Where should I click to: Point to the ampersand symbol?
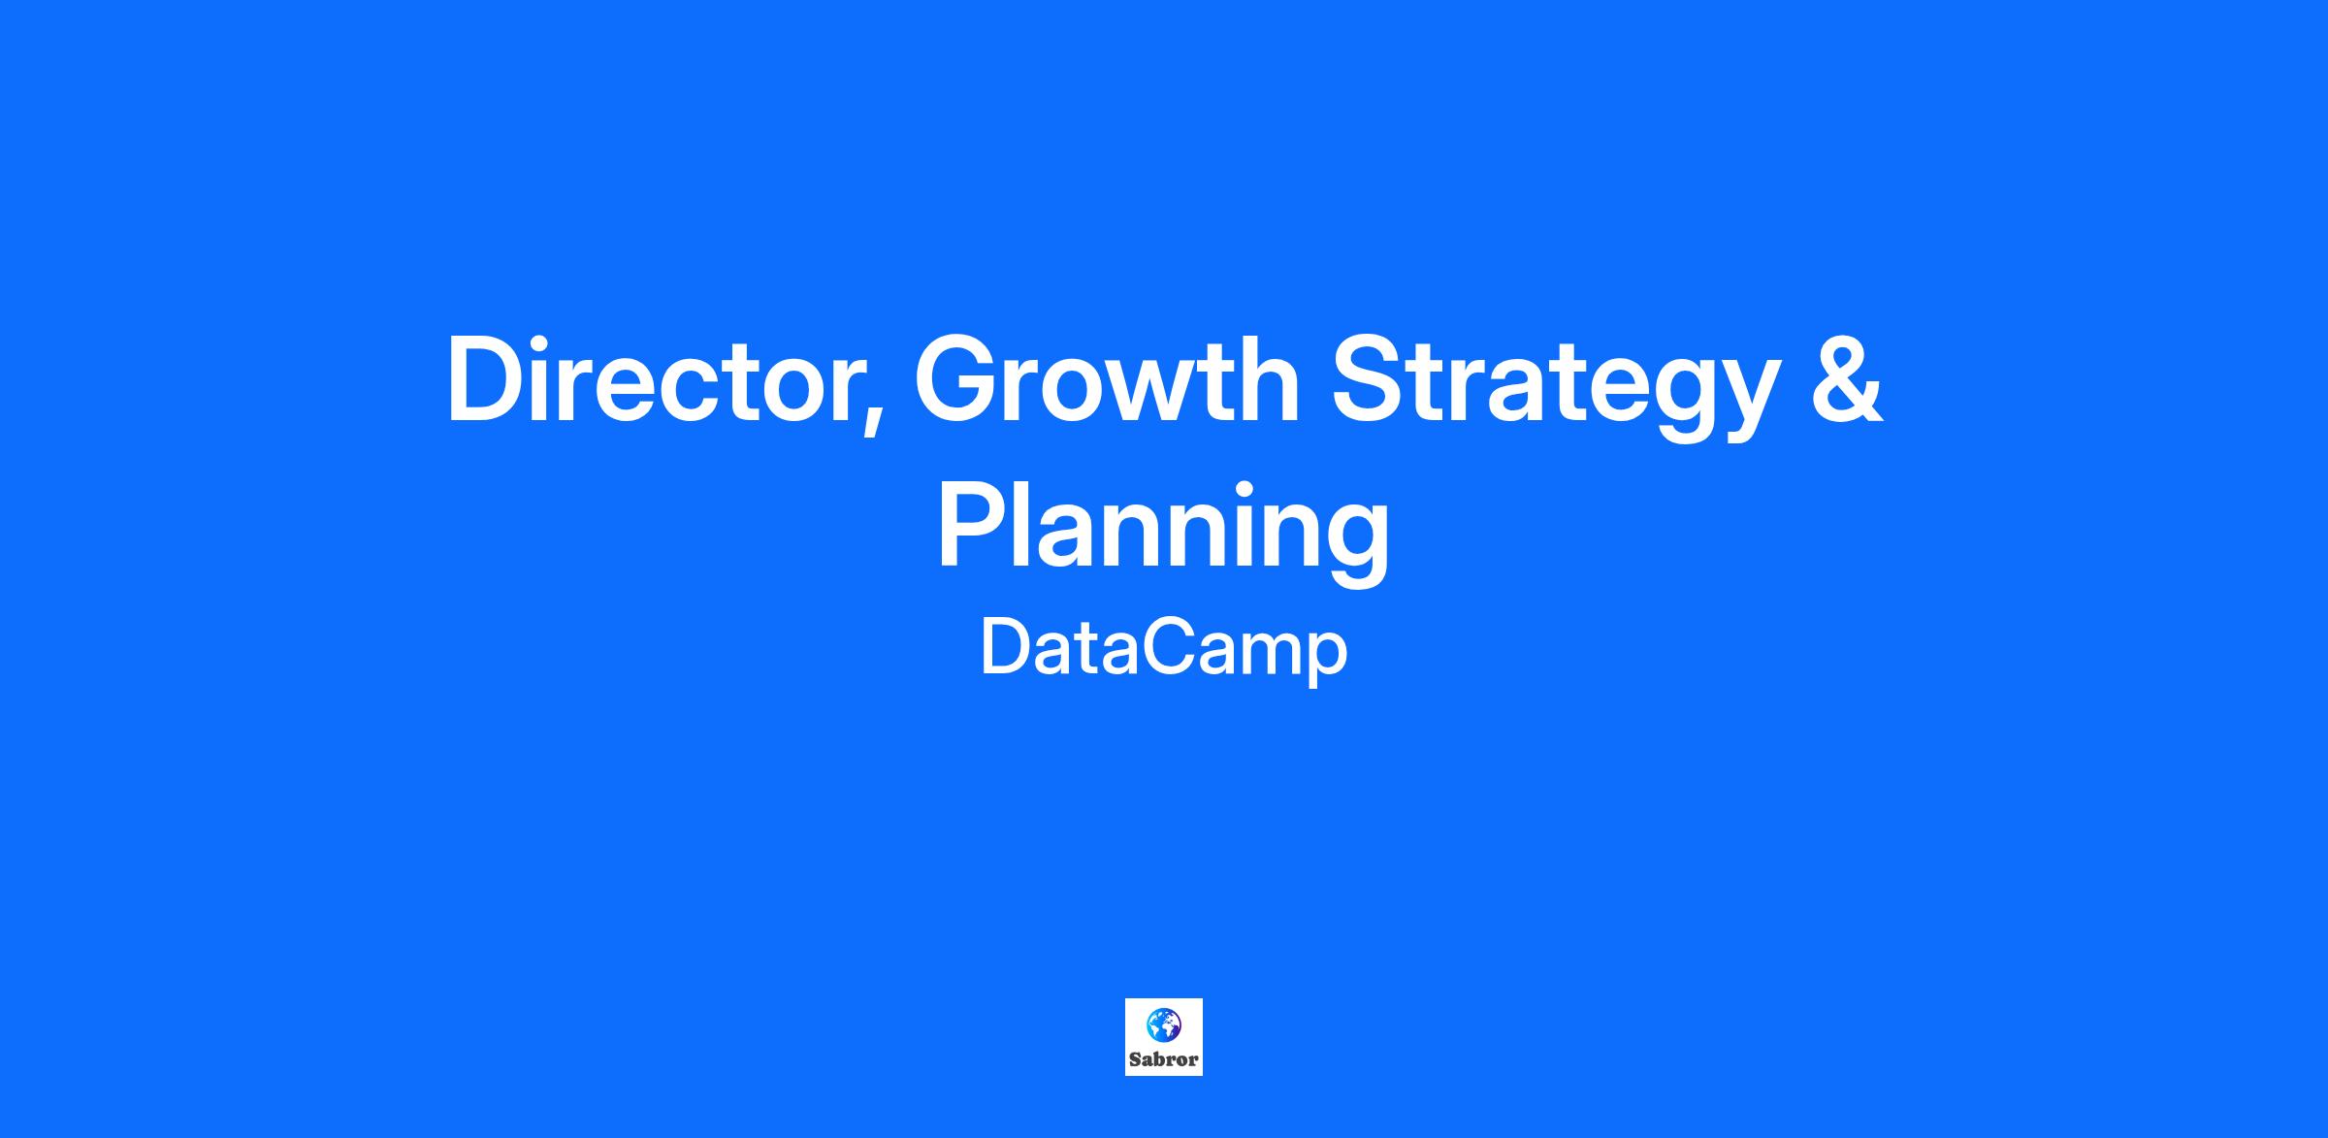[1847, 379]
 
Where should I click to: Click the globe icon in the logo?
[1163, 1024]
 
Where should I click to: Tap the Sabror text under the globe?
[1164, 1059]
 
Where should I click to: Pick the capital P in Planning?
[972, 526]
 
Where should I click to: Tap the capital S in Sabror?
[1135, 1059]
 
